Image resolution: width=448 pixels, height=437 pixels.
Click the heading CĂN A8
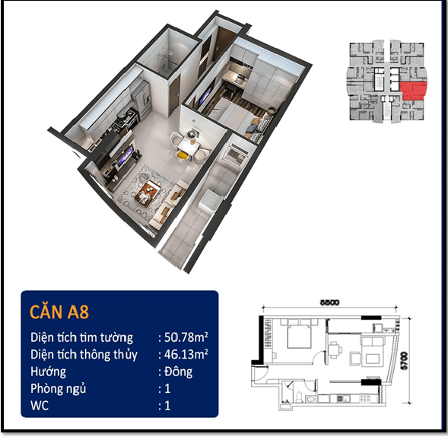(59, 311)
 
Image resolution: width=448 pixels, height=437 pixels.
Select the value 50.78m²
(186, 337)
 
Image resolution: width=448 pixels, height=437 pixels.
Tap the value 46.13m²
(186, 354)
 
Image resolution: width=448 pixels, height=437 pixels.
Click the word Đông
(178, 372)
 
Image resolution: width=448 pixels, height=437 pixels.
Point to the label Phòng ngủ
(59, 389)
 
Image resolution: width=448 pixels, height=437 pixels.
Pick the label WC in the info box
(40, 406)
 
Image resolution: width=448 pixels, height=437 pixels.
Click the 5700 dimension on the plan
(405, 361)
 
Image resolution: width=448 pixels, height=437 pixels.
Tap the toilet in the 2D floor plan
(299, 397)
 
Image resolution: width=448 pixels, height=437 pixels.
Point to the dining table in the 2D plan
(334, 349)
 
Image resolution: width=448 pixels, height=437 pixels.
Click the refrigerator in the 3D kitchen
(141, 99)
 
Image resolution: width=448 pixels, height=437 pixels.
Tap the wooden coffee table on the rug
(148, 192)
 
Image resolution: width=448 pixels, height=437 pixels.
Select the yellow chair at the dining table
(182, 156)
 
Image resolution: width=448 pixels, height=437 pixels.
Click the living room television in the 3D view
(126, 155)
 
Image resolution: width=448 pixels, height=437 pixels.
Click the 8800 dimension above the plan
(329, 302)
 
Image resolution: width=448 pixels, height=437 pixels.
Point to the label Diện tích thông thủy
(84, 355)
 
